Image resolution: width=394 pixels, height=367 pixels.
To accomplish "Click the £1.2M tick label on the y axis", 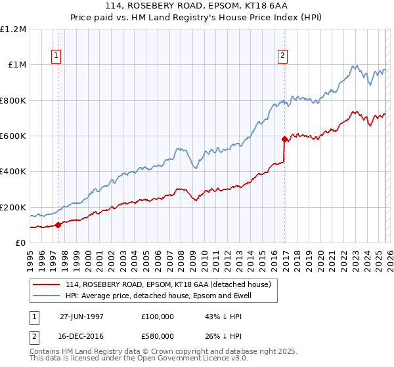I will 14,29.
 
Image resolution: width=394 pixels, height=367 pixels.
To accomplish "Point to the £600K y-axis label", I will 13,136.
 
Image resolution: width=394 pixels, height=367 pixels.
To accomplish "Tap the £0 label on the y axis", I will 20,243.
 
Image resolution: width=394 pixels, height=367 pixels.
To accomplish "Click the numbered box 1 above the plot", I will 57,56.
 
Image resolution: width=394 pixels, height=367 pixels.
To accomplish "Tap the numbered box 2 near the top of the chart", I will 283,56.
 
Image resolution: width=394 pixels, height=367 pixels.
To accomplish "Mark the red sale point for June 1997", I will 58,225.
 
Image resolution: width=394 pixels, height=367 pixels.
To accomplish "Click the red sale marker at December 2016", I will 284,139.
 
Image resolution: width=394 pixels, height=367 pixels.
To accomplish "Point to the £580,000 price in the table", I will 158,336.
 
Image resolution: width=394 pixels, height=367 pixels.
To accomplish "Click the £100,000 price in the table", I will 158,316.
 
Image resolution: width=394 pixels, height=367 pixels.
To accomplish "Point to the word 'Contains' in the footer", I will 45,353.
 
